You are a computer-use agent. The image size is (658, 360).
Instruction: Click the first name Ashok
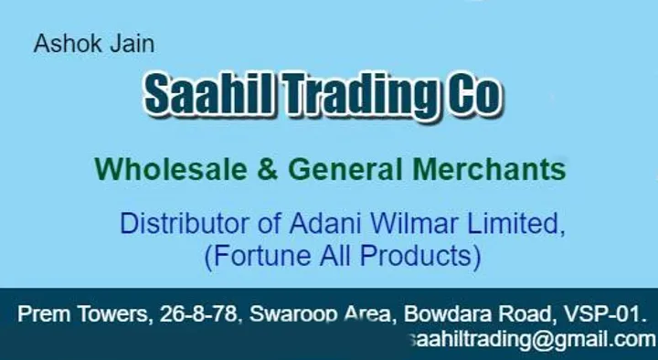(x=59, y=44)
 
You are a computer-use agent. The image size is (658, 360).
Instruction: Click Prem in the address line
(x=40, y=316)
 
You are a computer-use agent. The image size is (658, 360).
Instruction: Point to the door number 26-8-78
(x=198, y=316)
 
